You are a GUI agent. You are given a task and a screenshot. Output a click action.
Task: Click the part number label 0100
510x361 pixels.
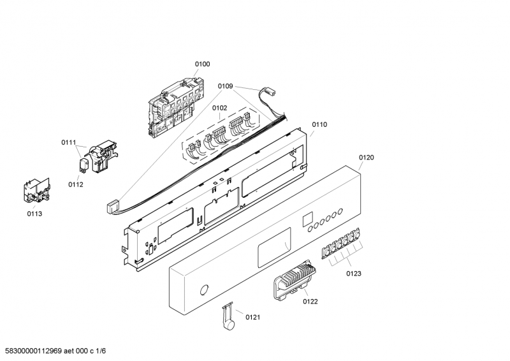(x=202, y=64)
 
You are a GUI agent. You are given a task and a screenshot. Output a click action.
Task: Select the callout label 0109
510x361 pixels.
(x=226, y=86)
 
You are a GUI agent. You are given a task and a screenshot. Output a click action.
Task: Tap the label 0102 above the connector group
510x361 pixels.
(x=219, y=108)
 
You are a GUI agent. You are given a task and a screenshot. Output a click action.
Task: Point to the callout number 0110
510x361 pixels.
(x=319, y=124)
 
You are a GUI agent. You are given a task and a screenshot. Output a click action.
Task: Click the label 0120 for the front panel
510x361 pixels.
(x=366, y=158)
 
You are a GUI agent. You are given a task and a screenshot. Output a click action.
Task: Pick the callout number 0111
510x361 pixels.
(x=69, y=142)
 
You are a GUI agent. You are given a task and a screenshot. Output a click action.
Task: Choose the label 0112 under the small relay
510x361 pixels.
(x=76, y=184)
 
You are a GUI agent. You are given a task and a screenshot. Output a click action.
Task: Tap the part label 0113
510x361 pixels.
(x=34, y=214)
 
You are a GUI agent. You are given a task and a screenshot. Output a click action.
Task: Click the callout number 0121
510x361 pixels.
(x=252, y=317)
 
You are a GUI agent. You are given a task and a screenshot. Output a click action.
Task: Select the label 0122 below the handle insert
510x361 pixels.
(x=310, y=302)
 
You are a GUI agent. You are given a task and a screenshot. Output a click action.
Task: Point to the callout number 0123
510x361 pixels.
(x=354, y=274)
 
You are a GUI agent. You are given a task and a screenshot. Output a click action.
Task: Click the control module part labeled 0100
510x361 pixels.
(x=176, y=107)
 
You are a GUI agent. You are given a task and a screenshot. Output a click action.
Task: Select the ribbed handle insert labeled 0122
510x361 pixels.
(x=295, y=279)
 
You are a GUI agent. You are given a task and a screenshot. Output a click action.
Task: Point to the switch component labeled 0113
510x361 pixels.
(x=37, y=191)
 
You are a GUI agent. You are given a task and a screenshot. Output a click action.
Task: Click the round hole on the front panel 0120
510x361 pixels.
(x=204, y=290)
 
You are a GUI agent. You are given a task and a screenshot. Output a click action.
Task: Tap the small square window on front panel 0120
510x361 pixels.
(x=307, y=219)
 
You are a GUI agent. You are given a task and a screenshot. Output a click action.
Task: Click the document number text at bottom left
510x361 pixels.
(x=54, y=351)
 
